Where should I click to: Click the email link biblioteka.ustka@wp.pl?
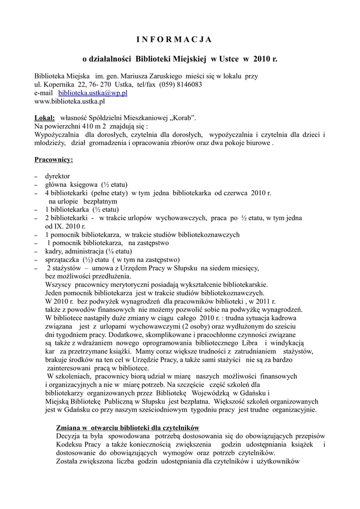93,92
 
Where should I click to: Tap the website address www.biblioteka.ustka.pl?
70,101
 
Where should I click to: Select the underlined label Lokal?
45,118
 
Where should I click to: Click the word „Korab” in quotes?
183,118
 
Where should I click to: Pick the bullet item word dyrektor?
58,176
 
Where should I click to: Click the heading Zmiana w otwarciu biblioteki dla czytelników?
128,427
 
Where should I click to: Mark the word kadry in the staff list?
53,252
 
